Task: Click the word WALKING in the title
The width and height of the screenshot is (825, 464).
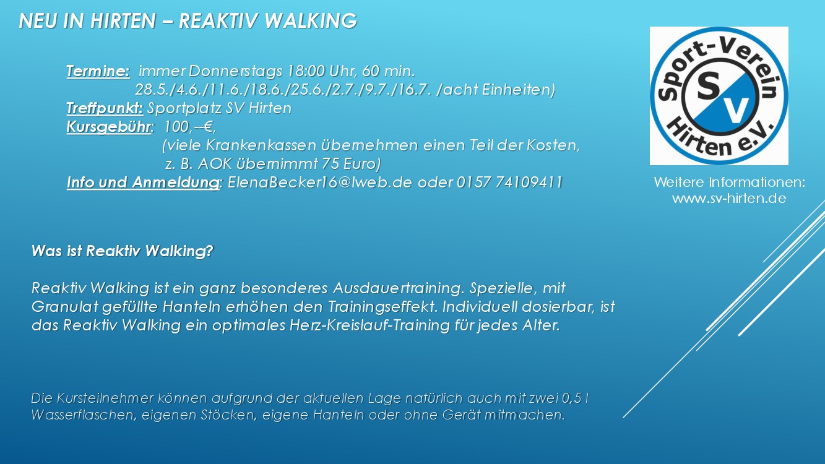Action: [311, 20]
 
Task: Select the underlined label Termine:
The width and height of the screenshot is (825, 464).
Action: [98, 71]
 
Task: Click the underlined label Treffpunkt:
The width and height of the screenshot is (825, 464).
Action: [105, 108]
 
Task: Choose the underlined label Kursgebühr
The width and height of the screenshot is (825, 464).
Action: [109, 127]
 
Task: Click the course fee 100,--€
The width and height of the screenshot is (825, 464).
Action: [189, 127]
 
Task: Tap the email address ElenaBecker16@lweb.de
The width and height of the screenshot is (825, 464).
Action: [320, 183]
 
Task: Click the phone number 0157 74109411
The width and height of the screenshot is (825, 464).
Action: [509, 183]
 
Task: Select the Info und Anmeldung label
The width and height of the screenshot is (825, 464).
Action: [143, 183]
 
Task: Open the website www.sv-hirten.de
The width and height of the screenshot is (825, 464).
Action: [729, 199]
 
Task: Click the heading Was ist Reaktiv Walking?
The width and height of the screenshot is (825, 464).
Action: [123, 251]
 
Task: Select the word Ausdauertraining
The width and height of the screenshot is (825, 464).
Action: [397, 288]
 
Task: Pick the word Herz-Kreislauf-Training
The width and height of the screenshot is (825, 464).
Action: [369, 325]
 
